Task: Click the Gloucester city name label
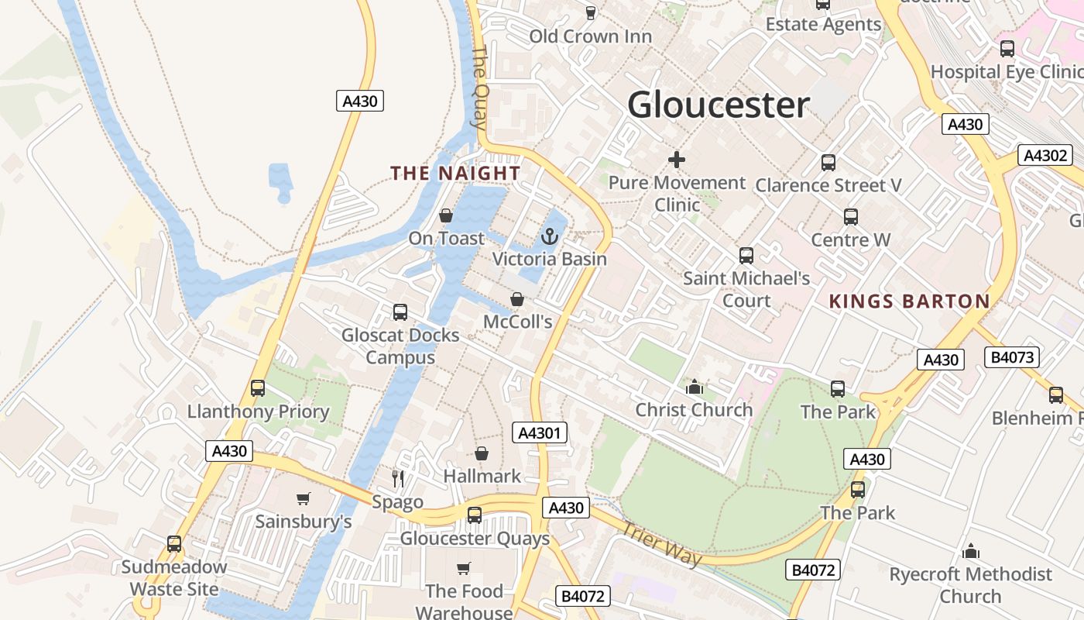[x=719, y=105]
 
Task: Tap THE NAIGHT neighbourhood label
[x=455, y=173]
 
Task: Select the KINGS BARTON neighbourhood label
[x=910, y=301]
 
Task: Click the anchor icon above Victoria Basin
[x=550, y=236]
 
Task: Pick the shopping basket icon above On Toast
[x=446, y=215]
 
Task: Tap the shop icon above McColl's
[x=517, y=299]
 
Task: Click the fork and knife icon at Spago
[x=398, y=478]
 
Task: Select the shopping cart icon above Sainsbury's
[x=303, y=499]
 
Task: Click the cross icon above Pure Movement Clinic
[x=677, y=160]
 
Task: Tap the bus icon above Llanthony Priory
[x=258, y=388]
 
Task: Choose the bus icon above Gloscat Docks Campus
[x=400, y=312]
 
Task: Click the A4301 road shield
[x=540, y=432]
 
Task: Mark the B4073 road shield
[x=1011, y=357]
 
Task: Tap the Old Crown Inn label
[x=590, y=36]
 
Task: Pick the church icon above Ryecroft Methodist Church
[x=971, y=552]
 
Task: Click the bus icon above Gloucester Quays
[x=475, y=515]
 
